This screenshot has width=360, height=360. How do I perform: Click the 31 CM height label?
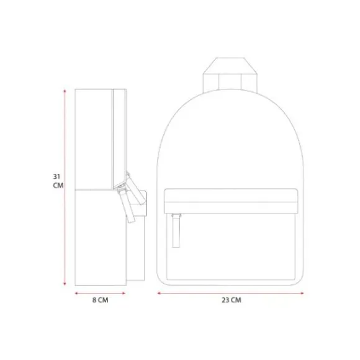click(x=58, y=181)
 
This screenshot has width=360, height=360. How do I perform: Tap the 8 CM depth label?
click(x=101, y=300)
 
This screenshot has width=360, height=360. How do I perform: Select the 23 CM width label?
click(x=231, y=300)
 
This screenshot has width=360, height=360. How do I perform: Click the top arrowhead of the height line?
click(x=65, y=91)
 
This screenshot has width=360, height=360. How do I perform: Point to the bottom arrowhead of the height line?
click(x=65, y=284)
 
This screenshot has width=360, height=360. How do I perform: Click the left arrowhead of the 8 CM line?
click(x=76, y=293)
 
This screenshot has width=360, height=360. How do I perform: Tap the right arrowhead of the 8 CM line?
click(x=124, y=293)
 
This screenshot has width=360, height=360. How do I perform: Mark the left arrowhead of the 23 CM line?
click(x=159, y=293)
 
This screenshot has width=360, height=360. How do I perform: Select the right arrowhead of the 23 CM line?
click(x=302, y=293)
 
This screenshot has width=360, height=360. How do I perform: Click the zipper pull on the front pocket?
click(x=176, y=230)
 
